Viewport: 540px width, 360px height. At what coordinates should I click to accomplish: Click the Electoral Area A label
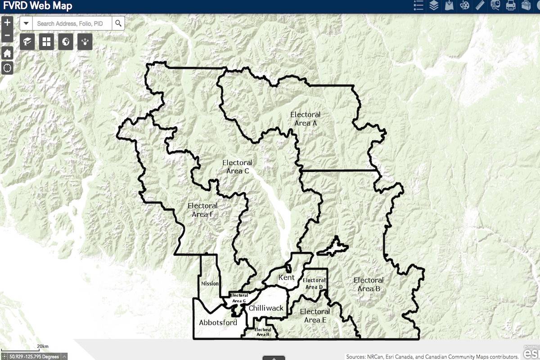[x=305, y=119]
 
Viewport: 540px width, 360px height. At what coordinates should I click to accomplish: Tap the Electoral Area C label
[x=237, y=166]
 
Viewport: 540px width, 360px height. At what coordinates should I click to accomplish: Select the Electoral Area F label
[x=202, y=210]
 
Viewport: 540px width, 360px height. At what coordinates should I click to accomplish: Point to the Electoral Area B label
[x=369, y=284]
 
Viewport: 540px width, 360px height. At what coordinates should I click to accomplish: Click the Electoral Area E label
[x=315, y=315]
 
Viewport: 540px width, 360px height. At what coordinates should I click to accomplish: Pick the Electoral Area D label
[x=314, y=283]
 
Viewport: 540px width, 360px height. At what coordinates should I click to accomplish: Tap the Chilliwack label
[x=266, y=308]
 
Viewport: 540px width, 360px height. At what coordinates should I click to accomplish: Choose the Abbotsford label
[x=218, y=322]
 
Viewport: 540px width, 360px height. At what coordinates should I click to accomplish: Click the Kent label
[x=286, y=277]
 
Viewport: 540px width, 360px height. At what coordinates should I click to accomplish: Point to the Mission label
[x=209, y=283]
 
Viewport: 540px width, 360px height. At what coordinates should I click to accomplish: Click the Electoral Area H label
[x=262, y=332]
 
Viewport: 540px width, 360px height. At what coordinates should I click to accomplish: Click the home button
[x=7, y=53]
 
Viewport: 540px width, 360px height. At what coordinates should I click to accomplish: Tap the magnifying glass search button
[x=118, y=23]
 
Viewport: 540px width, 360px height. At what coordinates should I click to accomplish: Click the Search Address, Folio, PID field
[x=72, y=23]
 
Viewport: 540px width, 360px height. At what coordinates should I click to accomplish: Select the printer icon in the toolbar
[x=510, y=5]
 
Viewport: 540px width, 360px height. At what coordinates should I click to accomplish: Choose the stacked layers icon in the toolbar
[x=433, y=5]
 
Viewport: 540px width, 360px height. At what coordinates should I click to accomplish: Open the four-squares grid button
[x=46, y=42]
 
